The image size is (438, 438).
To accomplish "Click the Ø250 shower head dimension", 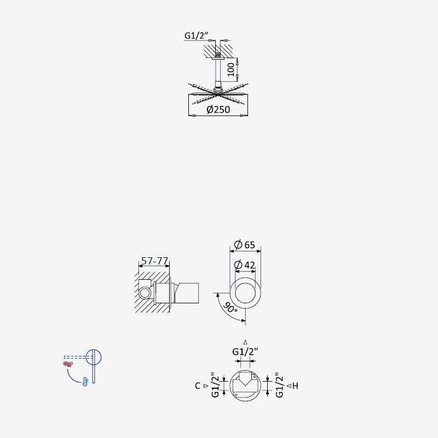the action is pos(218,109).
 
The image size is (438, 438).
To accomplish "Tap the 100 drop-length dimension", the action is pos(230,70).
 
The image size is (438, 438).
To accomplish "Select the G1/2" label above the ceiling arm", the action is pos(197,36).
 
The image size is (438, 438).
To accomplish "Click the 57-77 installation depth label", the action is pos(154,261).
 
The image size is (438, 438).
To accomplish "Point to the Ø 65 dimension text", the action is pos(244,244).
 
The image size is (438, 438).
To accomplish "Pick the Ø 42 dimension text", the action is pos(244,264).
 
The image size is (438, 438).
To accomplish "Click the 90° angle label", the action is pos(230,308).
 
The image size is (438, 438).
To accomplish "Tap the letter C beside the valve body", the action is pos(198,386).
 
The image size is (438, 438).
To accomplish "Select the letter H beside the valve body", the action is pos(295,386).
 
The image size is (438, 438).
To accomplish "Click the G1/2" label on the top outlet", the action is pos(245,351).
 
